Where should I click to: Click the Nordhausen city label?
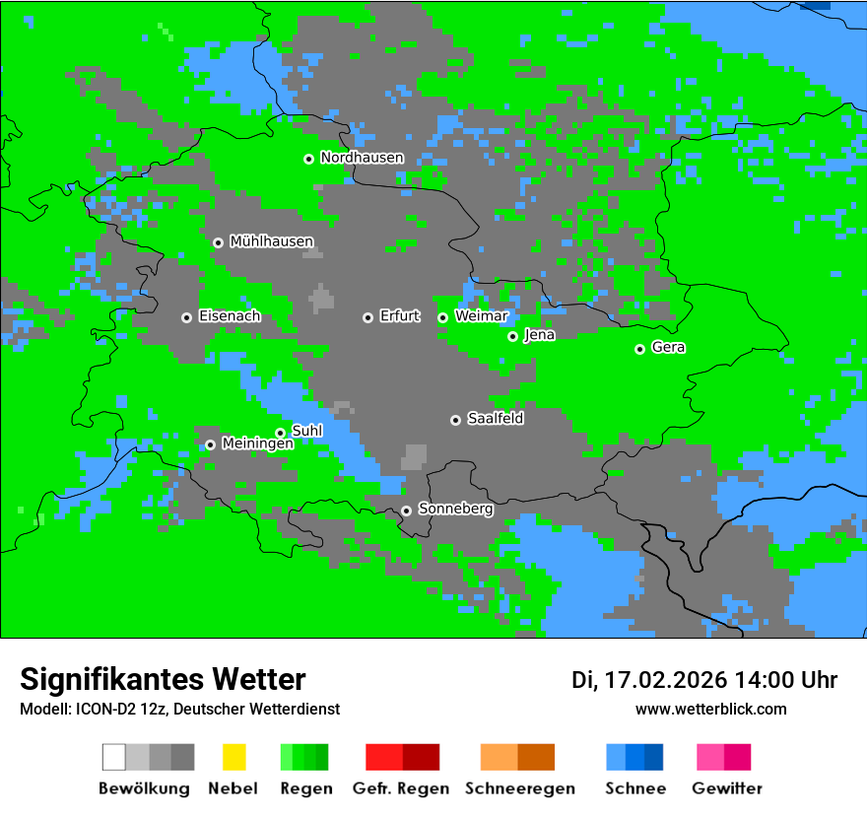(362, 158)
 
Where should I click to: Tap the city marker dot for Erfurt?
(367, 317)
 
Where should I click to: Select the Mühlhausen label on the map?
(271, 241)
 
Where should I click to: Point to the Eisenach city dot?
(186, 317)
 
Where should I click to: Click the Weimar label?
(481, 316)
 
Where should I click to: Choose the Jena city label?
(539, 335)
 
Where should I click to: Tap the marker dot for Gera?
(639, 349)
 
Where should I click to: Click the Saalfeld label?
(495, 419)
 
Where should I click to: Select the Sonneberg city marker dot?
(406, 511)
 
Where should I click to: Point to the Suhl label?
(306, 431)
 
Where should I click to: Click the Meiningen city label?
(257, 444)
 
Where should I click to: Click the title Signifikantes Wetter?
(163, 679)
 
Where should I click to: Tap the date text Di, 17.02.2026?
(649, 680)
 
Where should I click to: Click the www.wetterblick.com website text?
(710, 710)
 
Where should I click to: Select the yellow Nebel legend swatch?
(233, 757)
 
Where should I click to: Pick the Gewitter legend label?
(726, 788)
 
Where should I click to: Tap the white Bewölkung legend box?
(114, 757)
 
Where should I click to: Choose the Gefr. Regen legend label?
(401, 788)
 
